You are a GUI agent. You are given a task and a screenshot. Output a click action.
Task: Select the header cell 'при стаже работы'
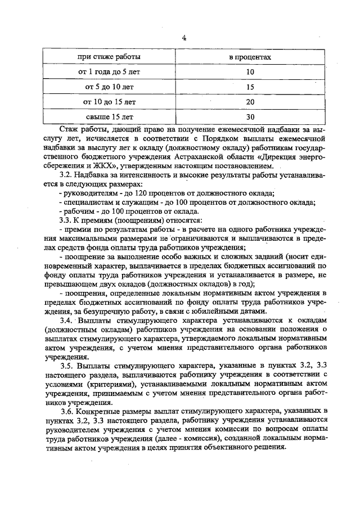tap(109, 57)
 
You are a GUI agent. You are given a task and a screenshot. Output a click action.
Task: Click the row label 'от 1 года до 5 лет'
tap(109, 72)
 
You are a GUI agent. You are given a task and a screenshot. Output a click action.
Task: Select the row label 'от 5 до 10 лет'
tap(109, 87)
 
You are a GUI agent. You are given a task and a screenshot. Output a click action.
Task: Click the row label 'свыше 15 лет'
tap(109, 117)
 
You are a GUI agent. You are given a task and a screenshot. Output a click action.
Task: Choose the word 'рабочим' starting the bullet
tap(78, 210)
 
